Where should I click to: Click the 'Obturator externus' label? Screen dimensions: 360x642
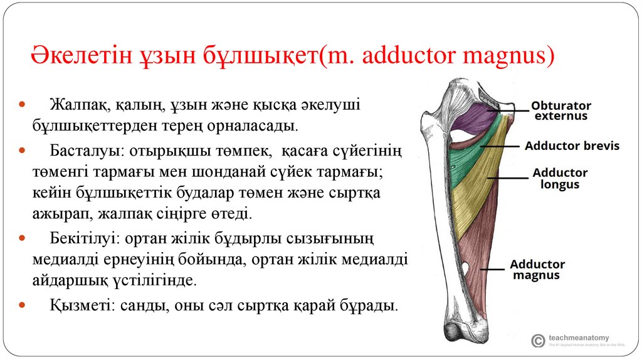click(x=560, y=110)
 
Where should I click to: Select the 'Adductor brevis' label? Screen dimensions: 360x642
click(x=572, y=146)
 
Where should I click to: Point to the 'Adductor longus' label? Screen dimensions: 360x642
click(x=560, y=178)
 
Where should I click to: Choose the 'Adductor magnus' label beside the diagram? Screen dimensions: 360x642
click(x=537, y=270)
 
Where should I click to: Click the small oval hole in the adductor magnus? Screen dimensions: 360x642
click(x=465, y=269)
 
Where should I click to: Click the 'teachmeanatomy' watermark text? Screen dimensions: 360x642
click(x=578, y=337)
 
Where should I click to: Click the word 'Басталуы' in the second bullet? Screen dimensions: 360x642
click(x=75, y=152)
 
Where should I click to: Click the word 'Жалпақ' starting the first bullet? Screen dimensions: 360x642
click(x=72, y=104)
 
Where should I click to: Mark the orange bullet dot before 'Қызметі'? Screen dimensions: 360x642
click(x=23, y=307)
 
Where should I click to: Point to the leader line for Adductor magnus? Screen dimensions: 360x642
click(x=492, y=269)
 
